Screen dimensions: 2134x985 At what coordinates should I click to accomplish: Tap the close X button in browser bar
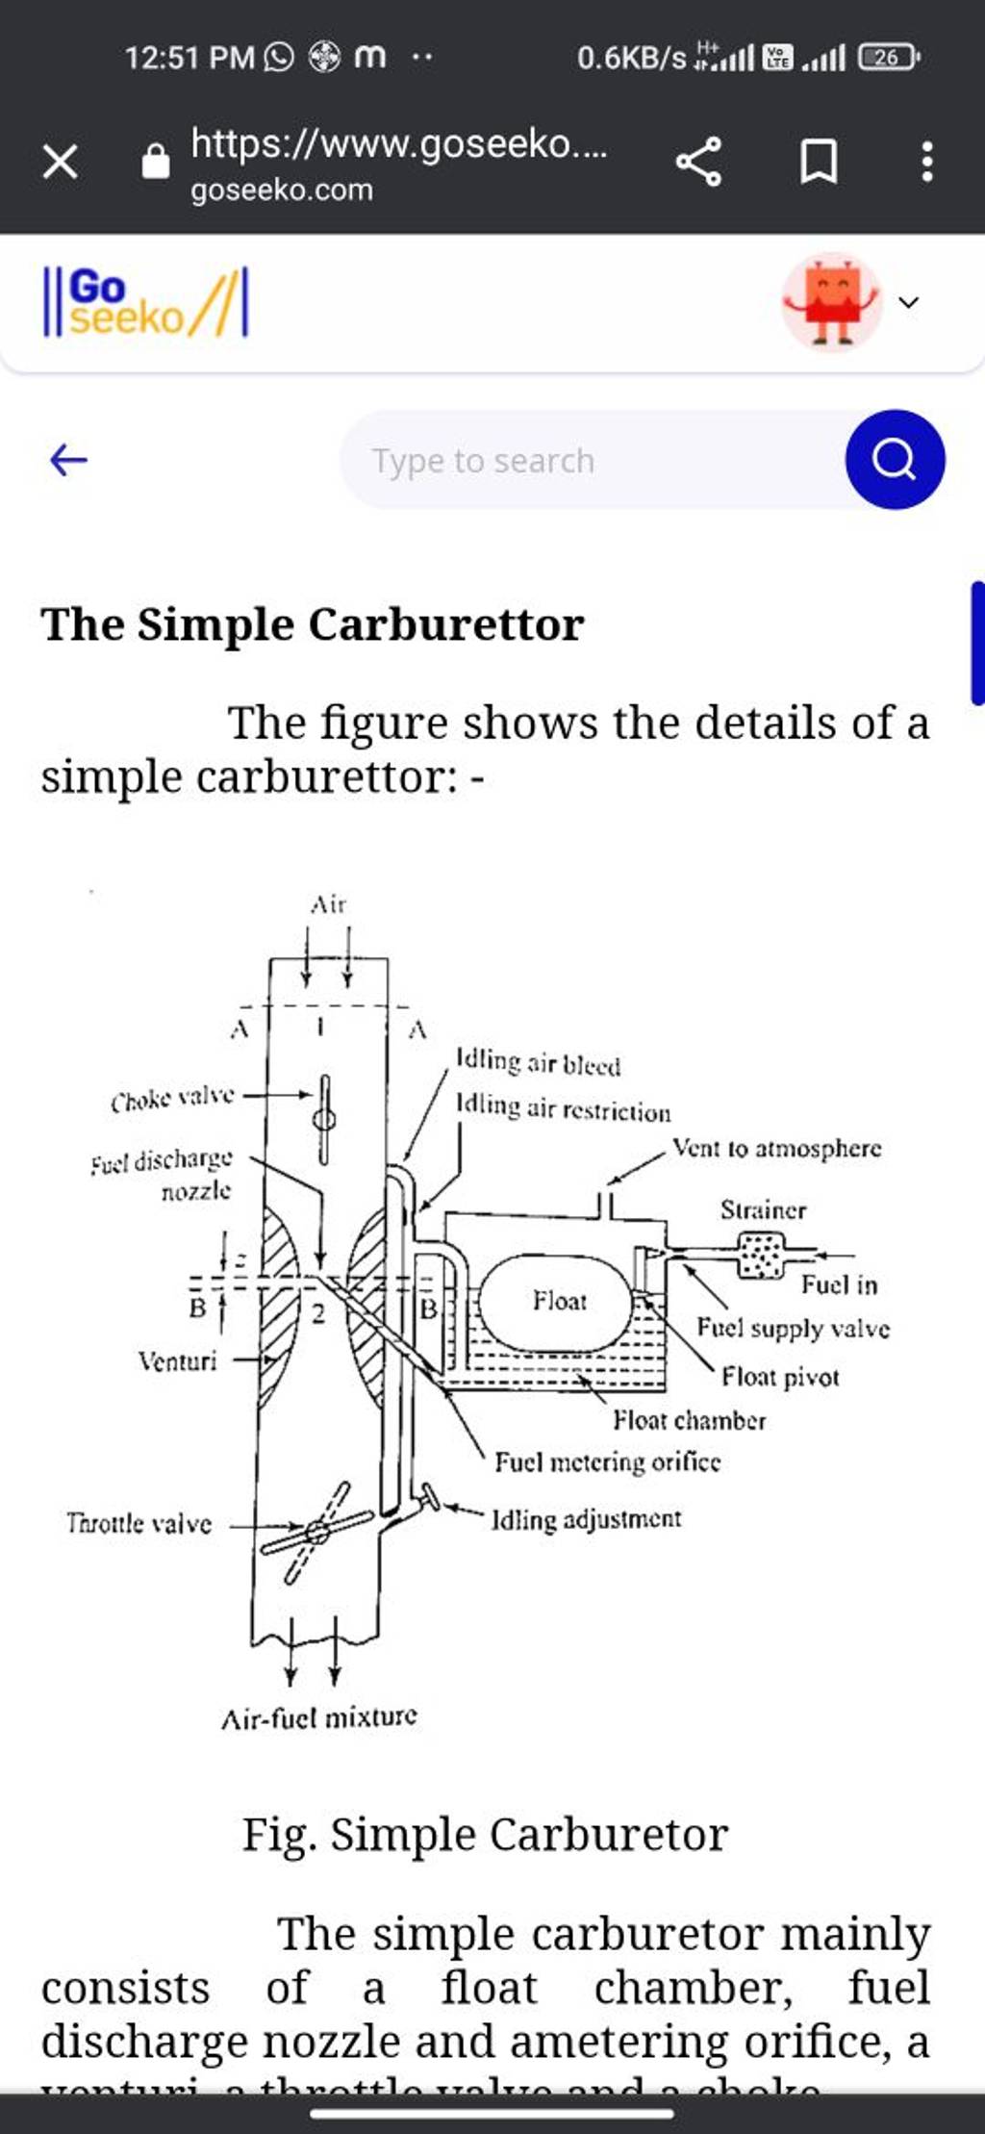coord(60,162)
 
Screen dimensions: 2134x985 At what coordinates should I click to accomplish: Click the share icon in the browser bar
coord(698,162)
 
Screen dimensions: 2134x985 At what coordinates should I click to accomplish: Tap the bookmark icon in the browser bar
coord(819,162)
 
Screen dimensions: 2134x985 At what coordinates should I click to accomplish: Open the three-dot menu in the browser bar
coord(926,162)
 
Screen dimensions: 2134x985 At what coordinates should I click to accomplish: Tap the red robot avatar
coord(831,302)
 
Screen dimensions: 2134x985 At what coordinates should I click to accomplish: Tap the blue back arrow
coord(68,460)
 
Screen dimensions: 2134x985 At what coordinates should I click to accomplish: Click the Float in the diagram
coord(558,1303)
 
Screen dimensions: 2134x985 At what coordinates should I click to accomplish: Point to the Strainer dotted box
coord(762,1255)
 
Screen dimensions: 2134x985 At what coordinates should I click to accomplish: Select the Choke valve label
coord(172,1098)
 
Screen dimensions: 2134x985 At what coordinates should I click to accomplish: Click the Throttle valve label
coord(139,1523)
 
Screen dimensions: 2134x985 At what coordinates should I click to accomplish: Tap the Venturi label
coord(178,1360)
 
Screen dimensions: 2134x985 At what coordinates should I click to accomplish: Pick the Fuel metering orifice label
coord(607,1462)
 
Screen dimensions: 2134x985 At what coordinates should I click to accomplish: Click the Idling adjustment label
coord(586,1519)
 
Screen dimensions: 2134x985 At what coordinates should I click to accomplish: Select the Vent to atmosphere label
coord(776,1148)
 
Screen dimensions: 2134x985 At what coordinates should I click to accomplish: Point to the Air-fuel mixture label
coord(319,1717)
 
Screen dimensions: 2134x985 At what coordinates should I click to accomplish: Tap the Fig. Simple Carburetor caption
coord(485,1834)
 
